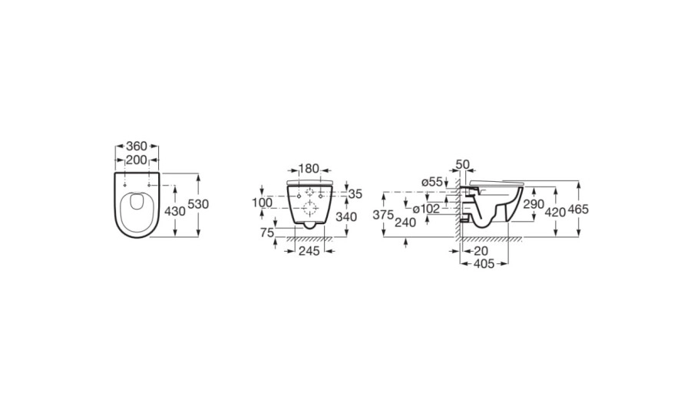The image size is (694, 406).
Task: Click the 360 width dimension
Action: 137,146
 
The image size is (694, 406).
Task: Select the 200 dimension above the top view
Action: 137,160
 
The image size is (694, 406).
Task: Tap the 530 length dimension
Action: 198,204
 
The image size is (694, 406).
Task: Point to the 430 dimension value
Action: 175,211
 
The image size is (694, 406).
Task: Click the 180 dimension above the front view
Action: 309,169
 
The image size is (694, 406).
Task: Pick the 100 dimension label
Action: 263,203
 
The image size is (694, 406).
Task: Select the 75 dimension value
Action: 267,233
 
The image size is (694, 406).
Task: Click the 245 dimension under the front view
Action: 309,251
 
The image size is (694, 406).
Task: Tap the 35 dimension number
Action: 355,194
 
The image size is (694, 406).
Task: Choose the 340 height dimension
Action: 346,217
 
